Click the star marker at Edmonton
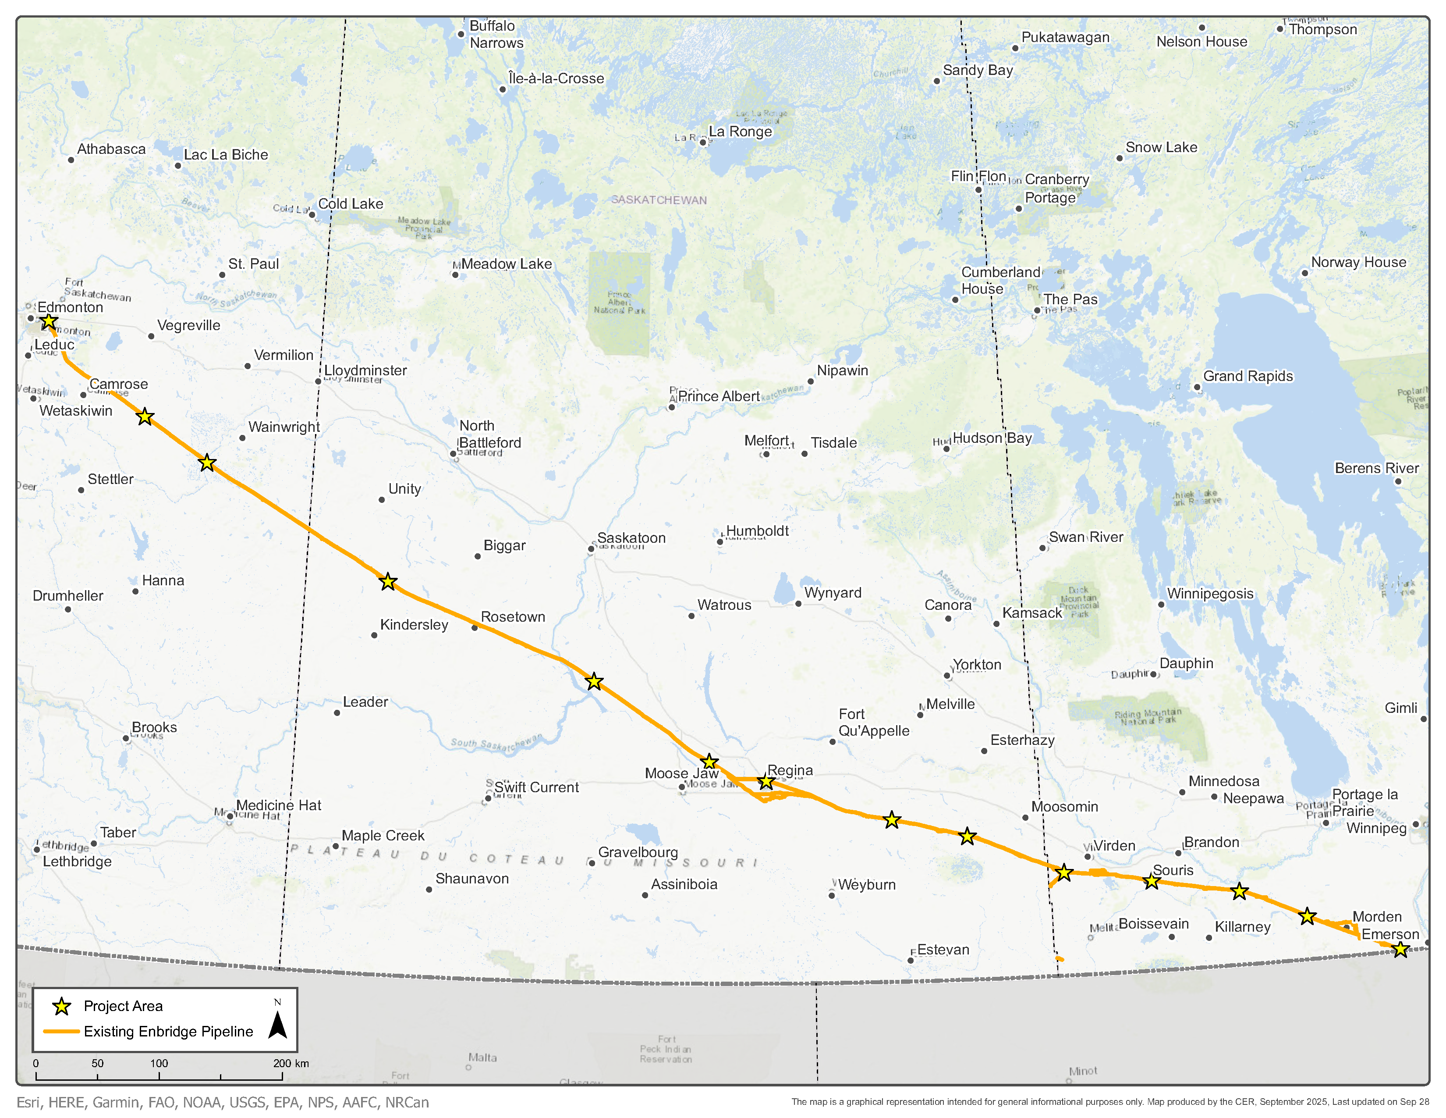tap(48, 322)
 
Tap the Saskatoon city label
tap(631, 538)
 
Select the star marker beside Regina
tap(766, 782)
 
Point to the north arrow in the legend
tap(277, 1023)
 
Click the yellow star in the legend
tap(62, 1007)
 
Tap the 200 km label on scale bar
tap(291, 1063)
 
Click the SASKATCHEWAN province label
tap(659, 200)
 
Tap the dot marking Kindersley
tap(374, 635)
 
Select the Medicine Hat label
tap(278, 805)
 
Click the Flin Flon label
tap(978, 176)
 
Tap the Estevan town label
tap(943, 950)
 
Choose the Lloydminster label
tap(365, 370)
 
